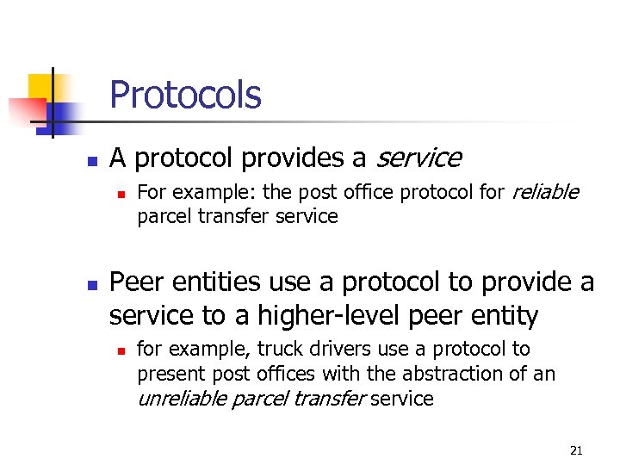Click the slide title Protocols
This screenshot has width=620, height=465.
(x=185, y=95)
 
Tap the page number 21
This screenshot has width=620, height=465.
(x=577, y=450)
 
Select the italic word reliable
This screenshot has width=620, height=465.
(x=545, y=191)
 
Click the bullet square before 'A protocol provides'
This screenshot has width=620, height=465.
(x=90, y=160)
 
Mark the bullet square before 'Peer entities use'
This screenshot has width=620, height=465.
(x=90, y=283)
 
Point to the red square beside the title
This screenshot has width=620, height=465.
(x=26, y=111)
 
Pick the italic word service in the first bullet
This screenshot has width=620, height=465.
(x=418, y=158)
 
